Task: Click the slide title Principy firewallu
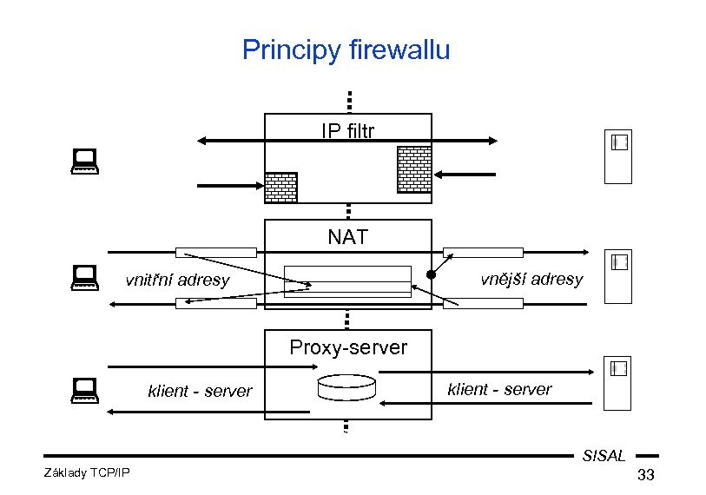coord(346,49)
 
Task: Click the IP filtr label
coord(347,131)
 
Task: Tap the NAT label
coord(347,236)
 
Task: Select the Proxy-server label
coord(347,347)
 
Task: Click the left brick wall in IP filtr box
coord(280,187)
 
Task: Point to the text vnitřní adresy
coord(177,280)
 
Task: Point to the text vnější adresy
coord(531,279)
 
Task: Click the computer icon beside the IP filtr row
coord(84,159)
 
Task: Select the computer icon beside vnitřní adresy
coord(84,275)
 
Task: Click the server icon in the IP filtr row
coord(617,157)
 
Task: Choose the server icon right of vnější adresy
coord(617,277)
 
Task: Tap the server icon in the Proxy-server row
coord(617,383)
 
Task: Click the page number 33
coord(645,475)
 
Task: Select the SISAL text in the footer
coord(604,455)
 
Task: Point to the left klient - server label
coord(200,391)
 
